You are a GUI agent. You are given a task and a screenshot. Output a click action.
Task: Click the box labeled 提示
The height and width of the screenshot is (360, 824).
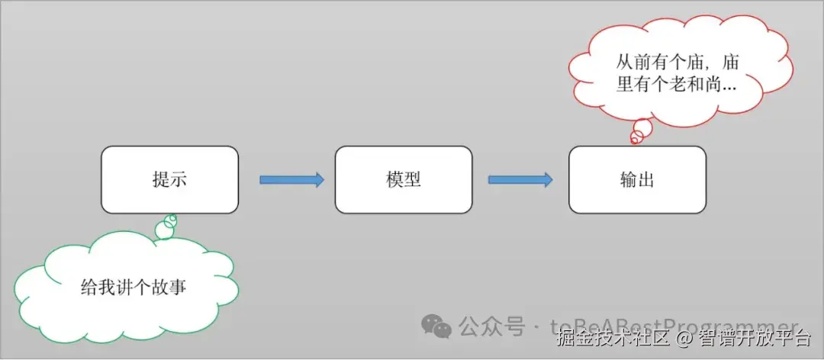(169, 180)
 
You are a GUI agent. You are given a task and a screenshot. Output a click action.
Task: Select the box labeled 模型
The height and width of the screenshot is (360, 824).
(404, 180)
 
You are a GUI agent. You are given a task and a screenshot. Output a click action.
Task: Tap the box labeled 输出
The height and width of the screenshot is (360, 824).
(637, 180)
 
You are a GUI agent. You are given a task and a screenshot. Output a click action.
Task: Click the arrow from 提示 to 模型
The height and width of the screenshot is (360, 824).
(291, 180)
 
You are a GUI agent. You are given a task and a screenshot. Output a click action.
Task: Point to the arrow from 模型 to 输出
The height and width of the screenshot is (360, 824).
(520, 180)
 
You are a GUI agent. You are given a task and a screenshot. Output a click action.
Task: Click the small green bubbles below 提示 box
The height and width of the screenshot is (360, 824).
(166, 226)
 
